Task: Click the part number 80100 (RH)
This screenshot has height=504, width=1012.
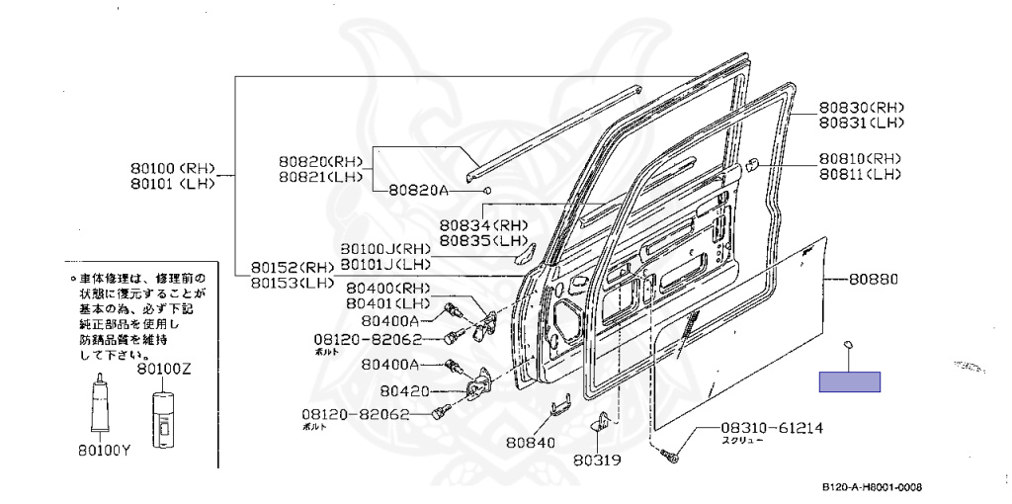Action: tap(172, 167)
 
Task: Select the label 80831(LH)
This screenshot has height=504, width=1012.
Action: tap(861, 123)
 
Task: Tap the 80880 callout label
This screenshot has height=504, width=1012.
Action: tap(874, 280)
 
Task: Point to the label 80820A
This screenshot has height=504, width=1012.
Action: tap(418, 190)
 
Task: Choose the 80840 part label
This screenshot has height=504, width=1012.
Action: tap(531, 442)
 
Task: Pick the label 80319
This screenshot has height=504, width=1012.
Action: tap(598, 459)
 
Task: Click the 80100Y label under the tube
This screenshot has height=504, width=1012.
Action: tap(105, 451)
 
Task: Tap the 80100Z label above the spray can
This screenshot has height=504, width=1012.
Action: tap(164, 370)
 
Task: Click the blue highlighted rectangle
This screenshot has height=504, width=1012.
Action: tap(849, 381)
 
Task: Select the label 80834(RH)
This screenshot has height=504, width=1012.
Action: tap(484, 224)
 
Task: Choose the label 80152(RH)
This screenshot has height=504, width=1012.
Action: tap(293, 267)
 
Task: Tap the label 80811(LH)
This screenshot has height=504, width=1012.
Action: tap(860, 174)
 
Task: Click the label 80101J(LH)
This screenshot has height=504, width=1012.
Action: tap(385, 264)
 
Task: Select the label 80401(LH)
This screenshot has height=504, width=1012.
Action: tap(386, 302)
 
